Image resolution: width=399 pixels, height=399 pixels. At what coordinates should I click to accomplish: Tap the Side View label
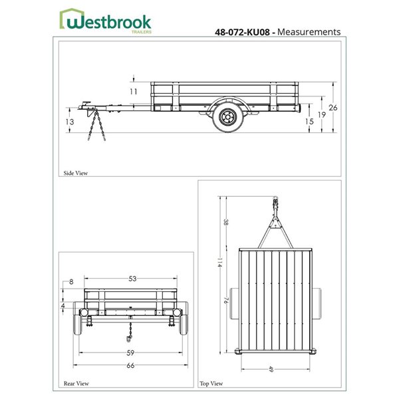(x=75, y=173)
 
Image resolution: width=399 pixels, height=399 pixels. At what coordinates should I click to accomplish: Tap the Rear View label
(x=76, y=384)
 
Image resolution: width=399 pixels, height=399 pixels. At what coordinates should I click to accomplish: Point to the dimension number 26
(x=333, y=108)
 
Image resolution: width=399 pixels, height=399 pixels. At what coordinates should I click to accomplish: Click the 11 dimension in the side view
(x=133, y=91)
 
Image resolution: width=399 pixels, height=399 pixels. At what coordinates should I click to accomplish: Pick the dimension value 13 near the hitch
(x=70, y=122)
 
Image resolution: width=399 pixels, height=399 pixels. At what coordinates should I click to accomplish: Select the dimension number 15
(x=309, y=122)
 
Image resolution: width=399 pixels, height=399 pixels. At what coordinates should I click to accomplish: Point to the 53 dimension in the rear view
(x=132, y=279)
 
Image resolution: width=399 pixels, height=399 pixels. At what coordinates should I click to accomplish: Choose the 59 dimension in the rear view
(x=130, y=353)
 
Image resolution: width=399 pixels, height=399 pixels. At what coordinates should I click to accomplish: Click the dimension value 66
(x=130, y=366)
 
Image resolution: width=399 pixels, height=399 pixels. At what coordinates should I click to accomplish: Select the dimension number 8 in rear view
(x=71, y=282)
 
